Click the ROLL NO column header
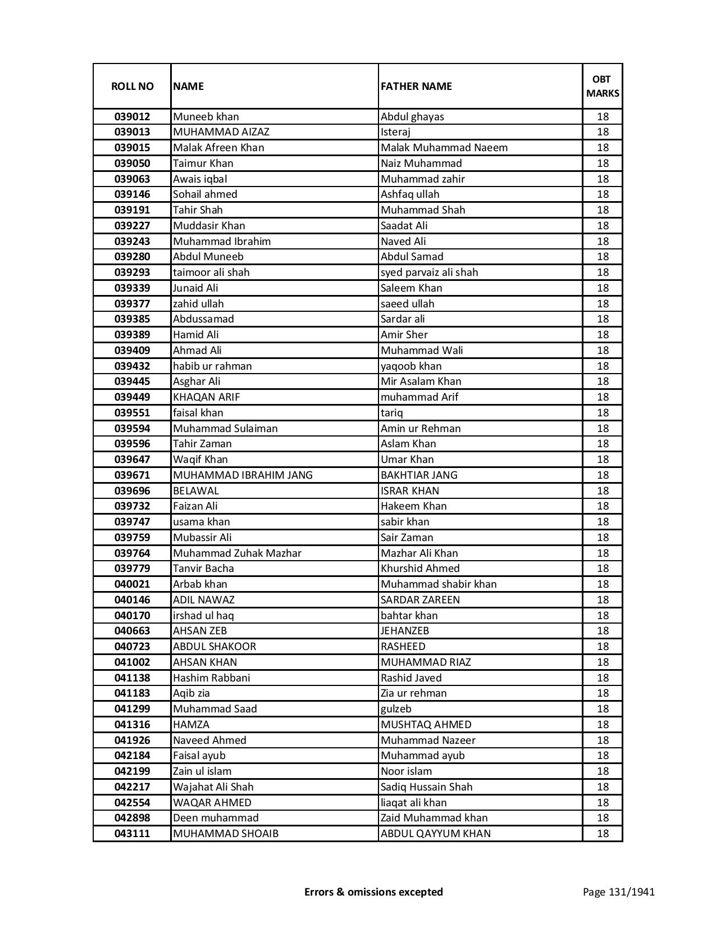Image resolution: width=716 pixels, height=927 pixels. tap(132, 86)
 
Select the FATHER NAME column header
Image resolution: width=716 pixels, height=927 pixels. tap(416, 86)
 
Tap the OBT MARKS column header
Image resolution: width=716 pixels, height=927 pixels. tap(603, 86)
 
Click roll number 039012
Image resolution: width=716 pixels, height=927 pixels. tap(132, 117)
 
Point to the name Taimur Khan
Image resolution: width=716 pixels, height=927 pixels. tap(203, 163)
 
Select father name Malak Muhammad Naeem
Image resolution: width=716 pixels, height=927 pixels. tap(444, 148)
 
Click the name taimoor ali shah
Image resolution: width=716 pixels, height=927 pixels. tap(211, 272)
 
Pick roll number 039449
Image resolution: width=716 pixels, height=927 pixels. tap(132, 397)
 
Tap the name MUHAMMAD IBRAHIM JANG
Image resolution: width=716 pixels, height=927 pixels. tap(243, 475)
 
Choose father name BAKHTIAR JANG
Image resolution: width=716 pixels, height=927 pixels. tap(419, 475)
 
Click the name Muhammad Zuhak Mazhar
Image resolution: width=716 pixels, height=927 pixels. tap(237, 553)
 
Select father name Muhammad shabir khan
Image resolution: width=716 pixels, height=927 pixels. tap(439, 584)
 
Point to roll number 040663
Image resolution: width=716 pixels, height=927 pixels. tap(132, 631)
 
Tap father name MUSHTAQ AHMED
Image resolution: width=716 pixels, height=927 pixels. tap(426, 725)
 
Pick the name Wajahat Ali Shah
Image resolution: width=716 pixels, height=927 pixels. tap(213, 787)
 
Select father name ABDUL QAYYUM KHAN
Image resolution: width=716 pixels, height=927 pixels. tap(435, 834)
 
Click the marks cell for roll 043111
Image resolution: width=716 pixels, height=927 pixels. tap(603, 834)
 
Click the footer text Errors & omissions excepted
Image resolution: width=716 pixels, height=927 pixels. tap(373, 892)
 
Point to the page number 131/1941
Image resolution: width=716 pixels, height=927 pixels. tap(618, 892)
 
